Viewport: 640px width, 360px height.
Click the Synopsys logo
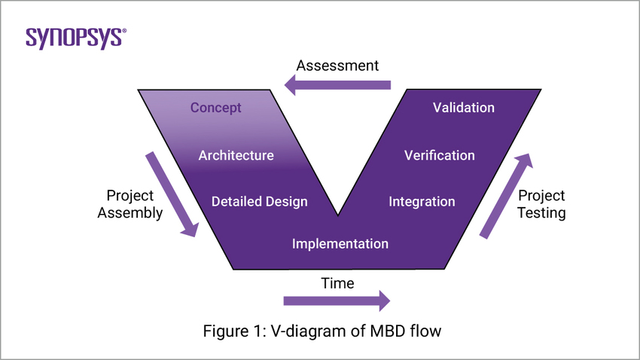76,38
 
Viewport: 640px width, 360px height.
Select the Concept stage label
215,108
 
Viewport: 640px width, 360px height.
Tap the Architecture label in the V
236,155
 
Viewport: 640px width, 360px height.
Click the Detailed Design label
259,201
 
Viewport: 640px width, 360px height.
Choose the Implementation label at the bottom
340,243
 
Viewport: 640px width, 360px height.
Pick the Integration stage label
422,201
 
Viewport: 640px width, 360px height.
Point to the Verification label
439,155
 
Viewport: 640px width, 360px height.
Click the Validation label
464,108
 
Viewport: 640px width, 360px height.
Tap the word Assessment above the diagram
337,66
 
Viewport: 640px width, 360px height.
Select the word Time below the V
337,283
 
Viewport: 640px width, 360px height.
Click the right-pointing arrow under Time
337,301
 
